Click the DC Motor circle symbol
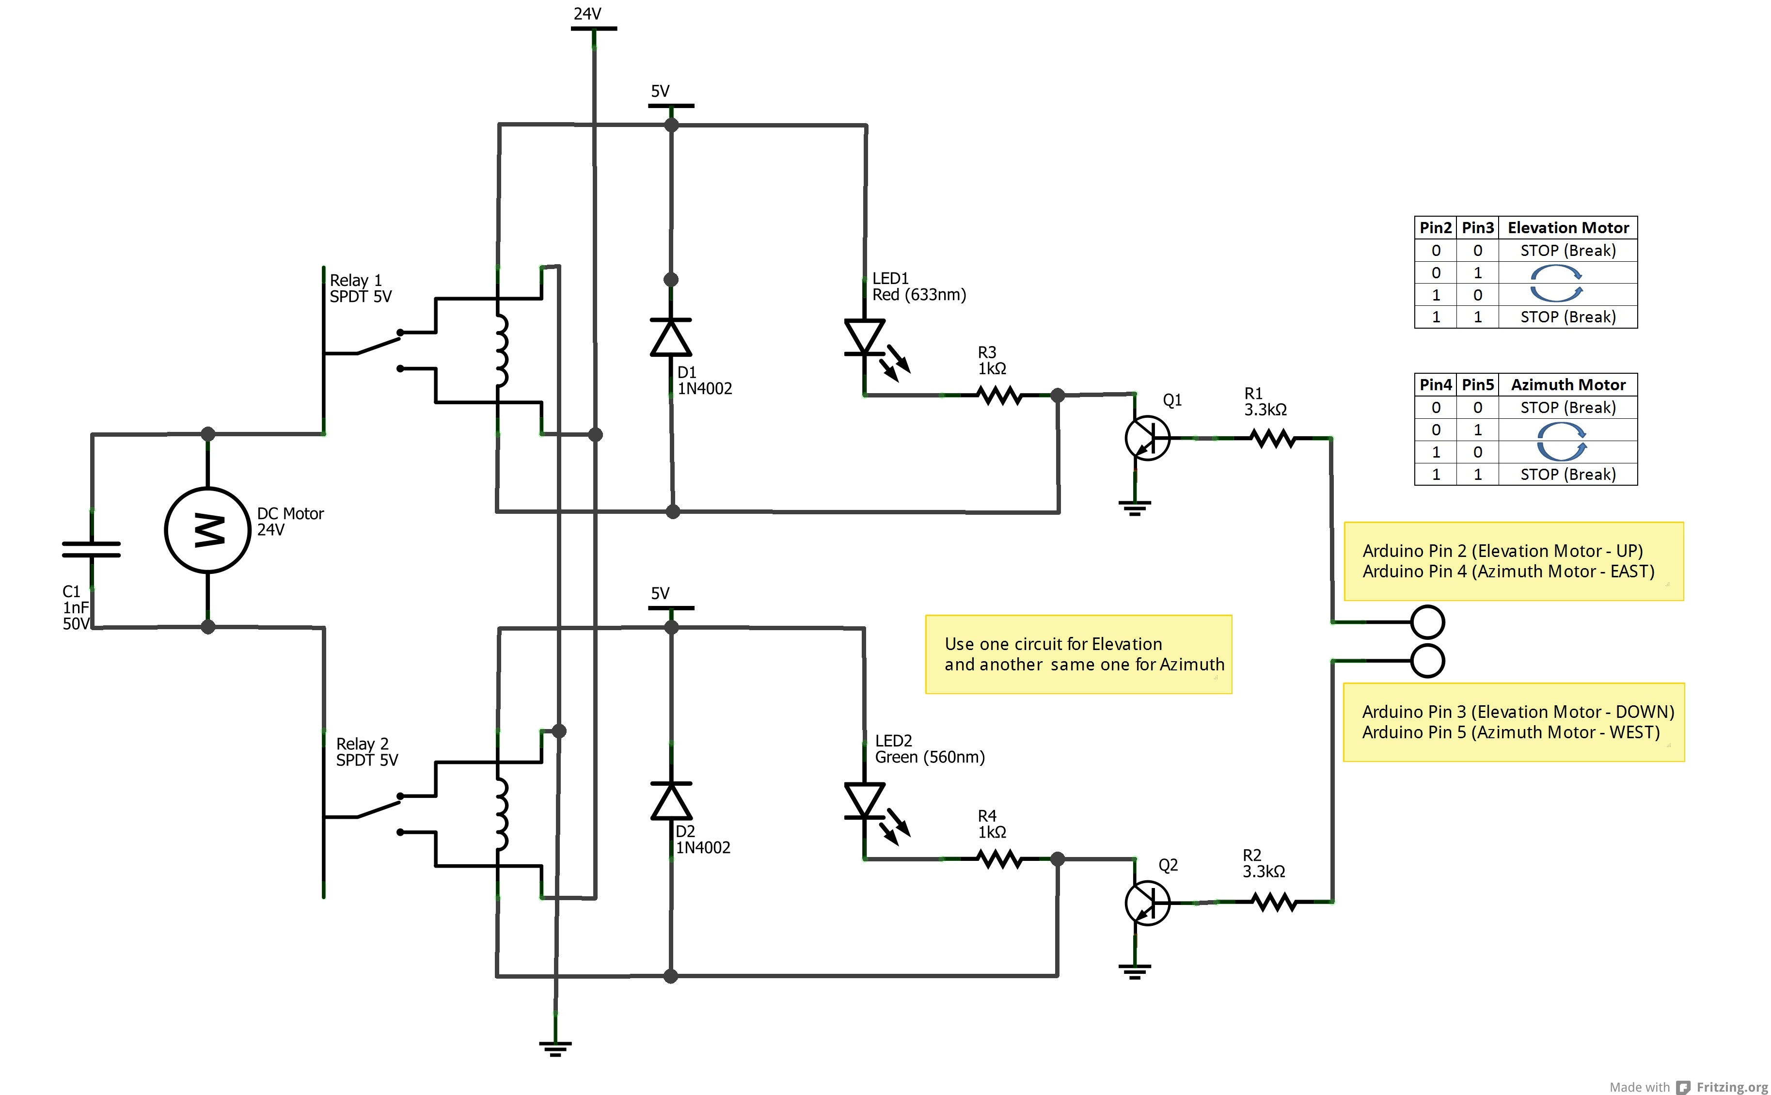208,530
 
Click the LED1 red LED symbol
865,339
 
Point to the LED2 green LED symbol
865,802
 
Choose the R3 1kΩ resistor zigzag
999,396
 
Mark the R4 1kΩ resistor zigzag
999,859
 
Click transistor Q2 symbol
1147,903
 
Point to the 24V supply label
587,14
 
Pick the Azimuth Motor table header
1567,384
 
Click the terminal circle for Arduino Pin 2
1427,621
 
